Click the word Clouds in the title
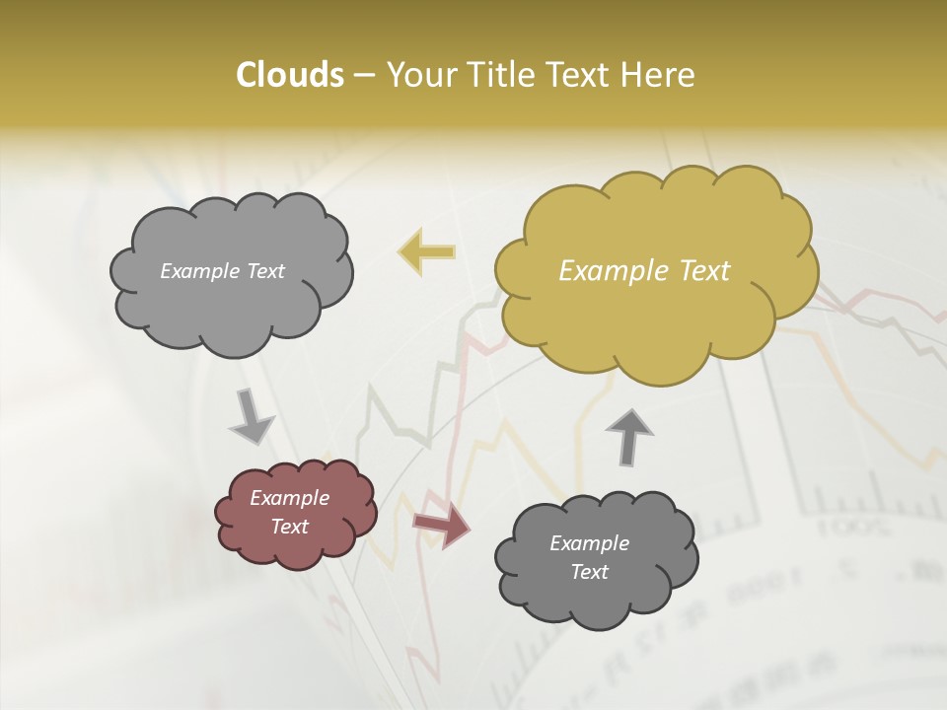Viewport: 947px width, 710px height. coord(289,75)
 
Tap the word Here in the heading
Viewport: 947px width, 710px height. coord(660,75)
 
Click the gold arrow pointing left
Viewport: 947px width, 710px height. coord(426,252)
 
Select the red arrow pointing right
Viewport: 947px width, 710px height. coord(441,527)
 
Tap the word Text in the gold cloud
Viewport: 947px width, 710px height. coord(703,271)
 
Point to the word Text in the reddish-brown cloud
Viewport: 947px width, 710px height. coord(290,527)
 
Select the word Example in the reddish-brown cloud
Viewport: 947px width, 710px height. coord(290,498)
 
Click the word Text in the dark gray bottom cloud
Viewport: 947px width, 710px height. coord(590,572)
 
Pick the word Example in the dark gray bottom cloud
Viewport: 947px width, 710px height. coord(590,543)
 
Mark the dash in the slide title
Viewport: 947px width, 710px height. coord(363,76)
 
